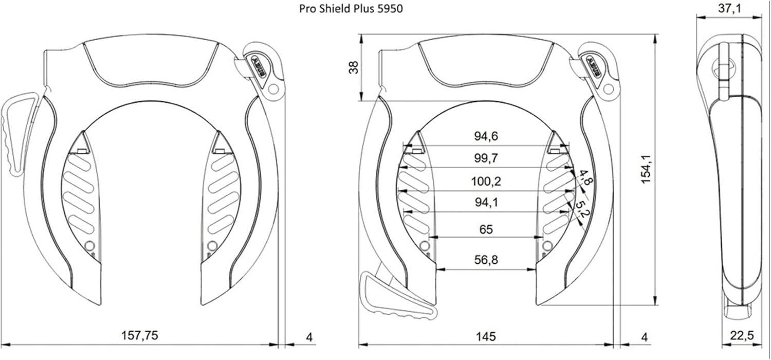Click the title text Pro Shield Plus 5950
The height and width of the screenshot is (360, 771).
(351, 8)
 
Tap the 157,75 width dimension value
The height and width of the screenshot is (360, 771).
(139, 335)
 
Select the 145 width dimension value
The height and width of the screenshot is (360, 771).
(486, 336)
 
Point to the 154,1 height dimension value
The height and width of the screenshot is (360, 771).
(646, 169)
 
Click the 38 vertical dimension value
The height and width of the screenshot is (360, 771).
(354, 67)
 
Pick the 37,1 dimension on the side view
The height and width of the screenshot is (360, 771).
(730, 8)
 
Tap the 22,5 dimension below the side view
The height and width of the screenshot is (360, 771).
(742, 335)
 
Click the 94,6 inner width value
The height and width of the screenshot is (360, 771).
(486, 136)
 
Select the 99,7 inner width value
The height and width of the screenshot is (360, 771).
(486, 158)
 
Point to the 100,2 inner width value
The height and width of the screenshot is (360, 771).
(486, 181)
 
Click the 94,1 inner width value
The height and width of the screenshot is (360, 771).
(486, 202)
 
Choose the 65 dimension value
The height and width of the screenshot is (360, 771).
(486, 229)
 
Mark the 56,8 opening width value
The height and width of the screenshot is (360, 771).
(486, 259)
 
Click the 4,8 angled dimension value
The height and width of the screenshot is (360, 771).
(584, 177)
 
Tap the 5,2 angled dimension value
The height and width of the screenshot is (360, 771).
(582, 210)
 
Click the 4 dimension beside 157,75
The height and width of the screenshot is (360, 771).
(309, 337)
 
